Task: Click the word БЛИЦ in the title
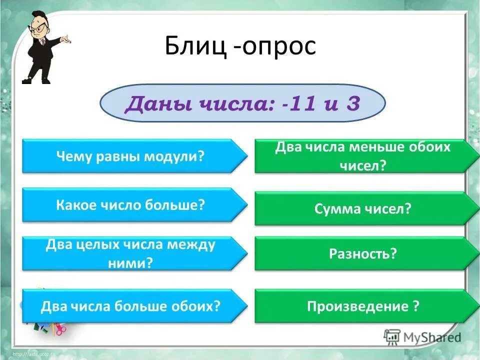[193, 46]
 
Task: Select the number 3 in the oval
[352, 104]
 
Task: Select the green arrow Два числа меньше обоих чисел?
[363, 156]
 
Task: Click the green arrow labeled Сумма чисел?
[363, 208]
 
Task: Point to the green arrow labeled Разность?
[363, 254]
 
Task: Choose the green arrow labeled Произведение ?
[363, 305]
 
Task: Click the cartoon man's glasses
[40, 26]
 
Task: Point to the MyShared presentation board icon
[392, 336]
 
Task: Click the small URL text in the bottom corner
[32, 354]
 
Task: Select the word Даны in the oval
[150, 104]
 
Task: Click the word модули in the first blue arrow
[174, 156]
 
